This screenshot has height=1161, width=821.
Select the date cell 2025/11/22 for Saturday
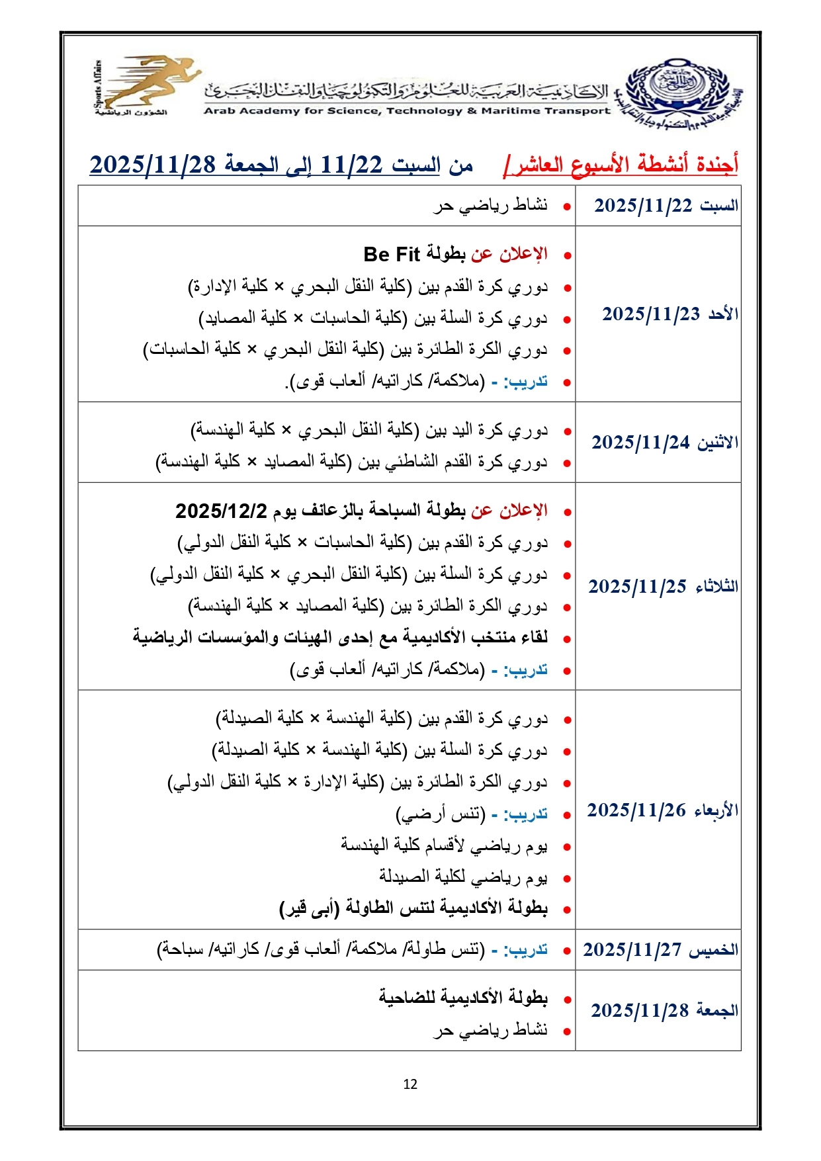point(643,206)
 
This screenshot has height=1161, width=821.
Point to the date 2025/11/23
point(651,314)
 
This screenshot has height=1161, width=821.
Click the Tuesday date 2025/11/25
point(638,587)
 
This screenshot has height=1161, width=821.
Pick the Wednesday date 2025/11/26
point(636,810)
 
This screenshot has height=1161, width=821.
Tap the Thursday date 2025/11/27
point(632,950)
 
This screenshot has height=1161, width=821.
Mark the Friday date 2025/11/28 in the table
point(640,1011)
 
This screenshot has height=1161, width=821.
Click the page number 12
point(410,1084)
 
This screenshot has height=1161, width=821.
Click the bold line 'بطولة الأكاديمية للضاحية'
point(463,998)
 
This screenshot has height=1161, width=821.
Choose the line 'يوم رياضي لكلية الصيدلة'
point(463,877)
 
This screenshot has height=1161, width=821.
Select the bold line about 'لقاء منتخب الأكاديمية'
point(340,638)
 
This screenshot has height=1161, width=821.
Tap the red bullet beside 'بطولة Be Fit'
point(567,256)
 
